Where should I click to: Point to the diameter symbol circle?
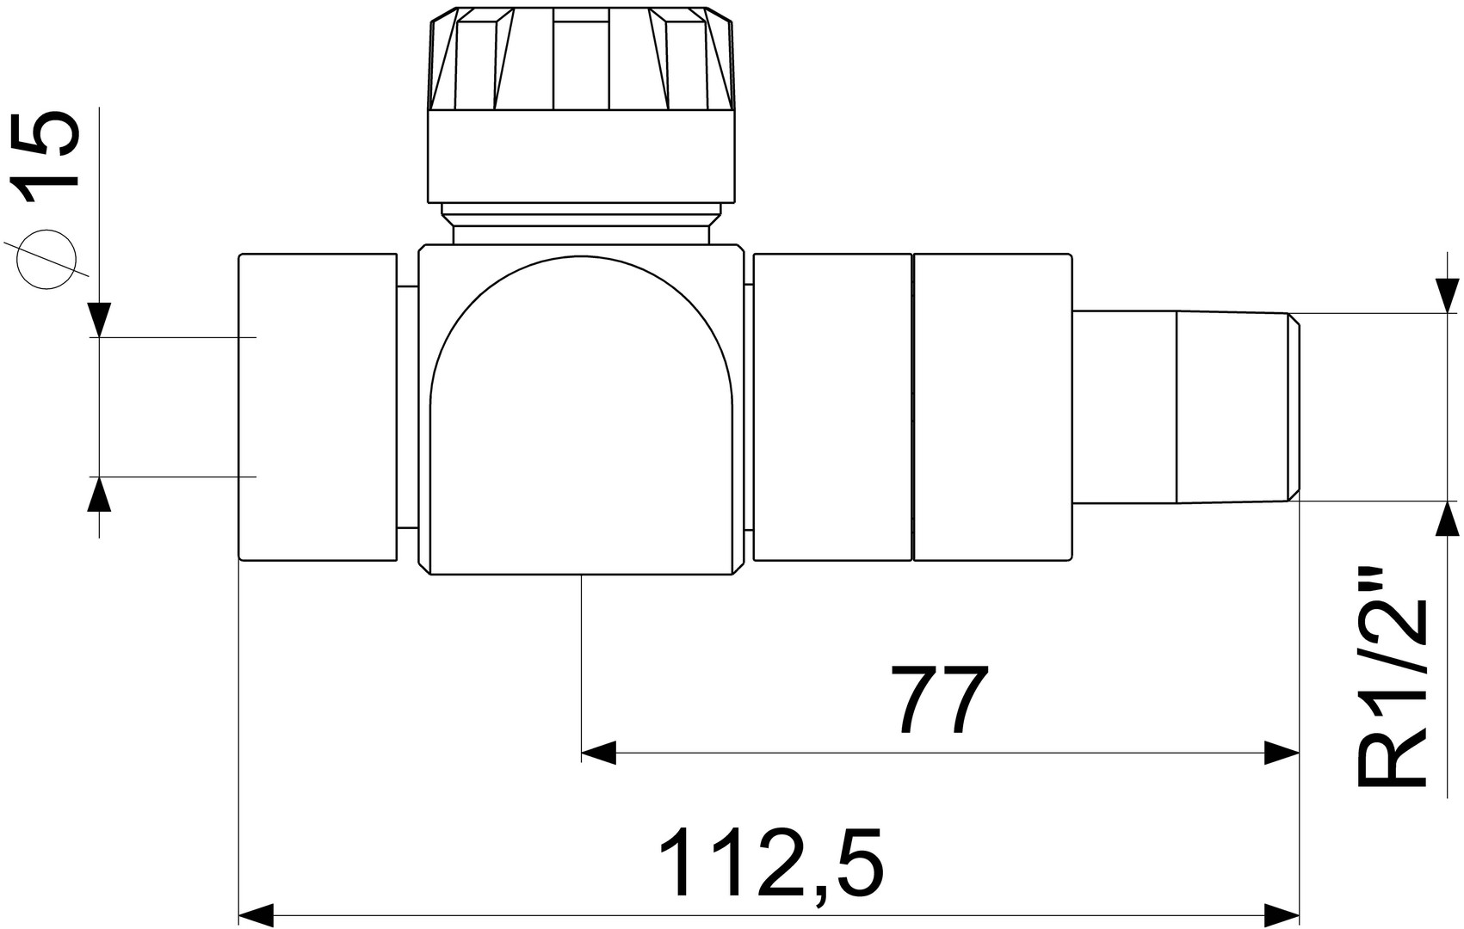click(x=47, y=260)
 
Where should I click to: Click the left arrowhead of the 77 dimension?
click(x=598, y=752)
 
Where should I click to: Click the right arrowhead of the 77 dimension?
click(x=1282, y=752)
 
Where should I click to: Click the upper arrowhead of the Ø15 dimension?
click(x=99, y=320)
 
